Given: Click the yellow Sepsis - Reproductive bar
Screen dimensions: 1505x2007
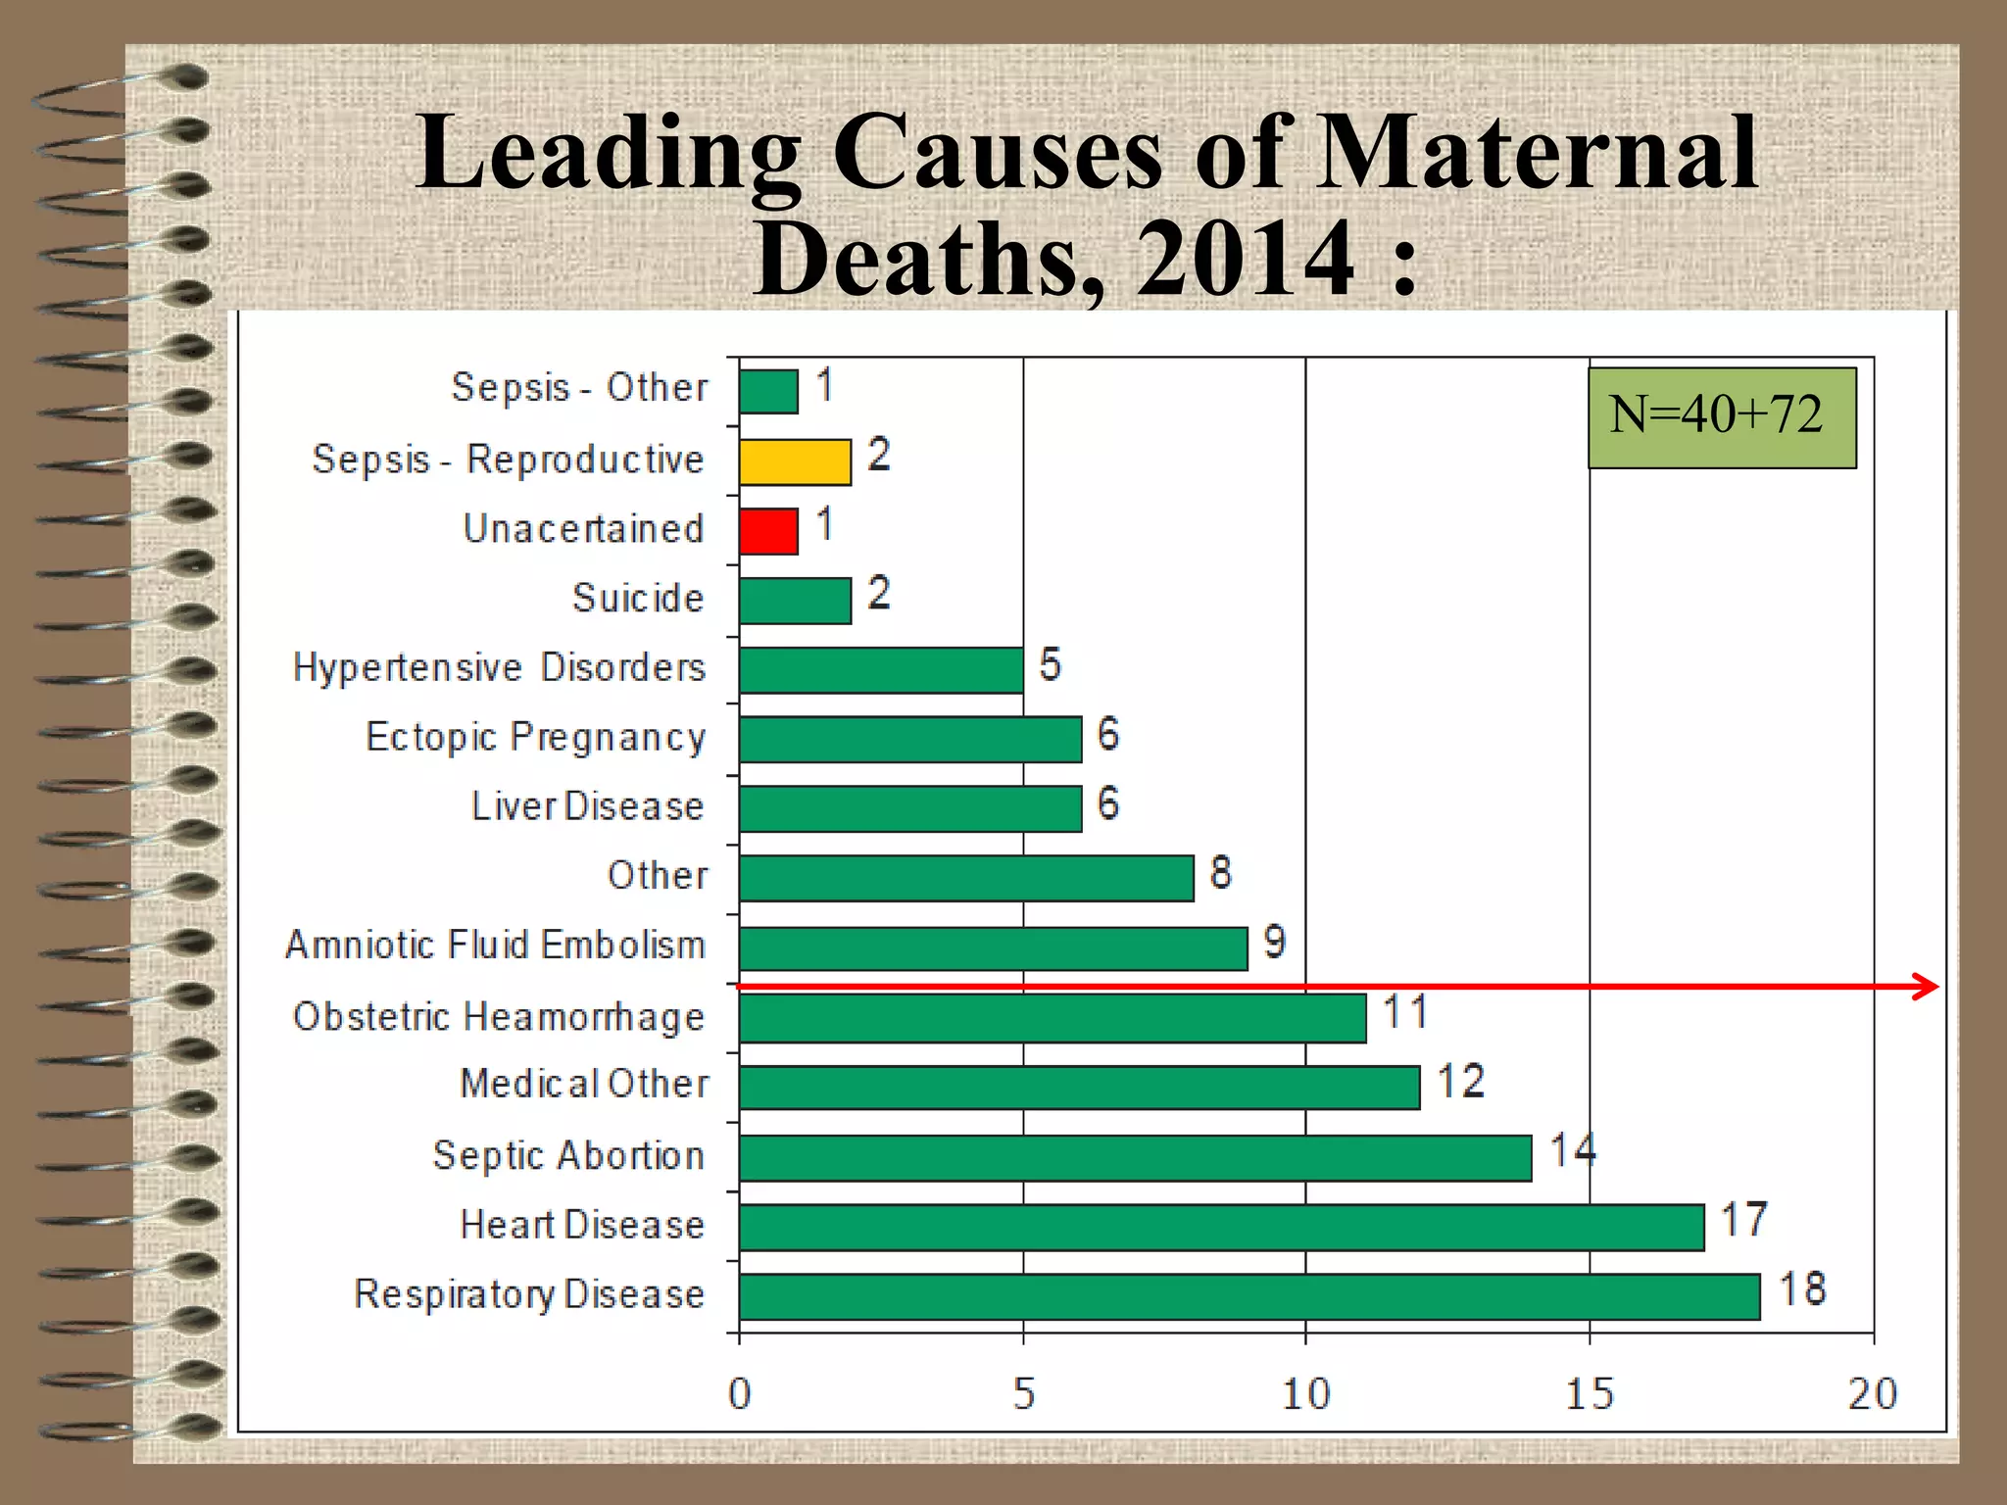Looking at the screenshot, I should point(795,461).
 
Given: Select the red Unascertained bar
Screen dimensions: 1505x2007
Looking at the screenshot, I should point(768,531).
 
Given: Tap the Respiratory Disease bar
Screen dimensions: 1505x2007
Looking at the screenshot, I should point(1248,1296).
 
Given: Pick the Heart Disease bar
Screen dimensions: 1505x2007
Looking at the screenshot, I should point(1221,1228).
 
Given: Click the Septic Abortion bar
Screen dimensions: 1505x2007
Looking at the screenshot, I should point(1135,1158).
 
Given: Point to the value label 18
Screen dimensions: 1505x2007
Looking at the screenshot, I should point(1802,1289).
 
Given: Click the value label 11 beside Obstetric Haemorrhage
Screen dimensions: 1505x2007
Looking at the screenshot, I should point(1404,1012).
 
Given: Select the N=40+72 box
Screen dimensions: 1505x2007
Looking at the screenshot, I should point(1721,417).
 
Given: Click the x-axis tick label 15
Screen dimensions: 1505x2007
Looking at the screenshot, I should point(1589,1393).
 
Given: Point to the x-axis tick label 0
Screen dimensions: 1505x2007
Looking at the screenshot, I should point(739,1393).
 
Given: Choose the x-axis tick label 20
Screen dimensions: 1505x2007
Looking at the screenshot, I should point(1872,1393).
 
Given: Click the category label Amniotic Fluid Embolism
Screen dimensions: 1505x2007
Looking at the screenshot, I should point(495,946).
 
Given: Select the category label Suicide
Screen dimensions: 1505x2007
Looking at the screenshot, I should point(638,599).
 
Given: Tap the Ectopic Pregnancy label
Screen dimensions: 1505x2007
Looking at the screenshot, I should point(535,738).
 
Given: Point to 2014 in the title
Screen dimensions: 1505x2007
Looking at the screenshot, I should point(1246,259).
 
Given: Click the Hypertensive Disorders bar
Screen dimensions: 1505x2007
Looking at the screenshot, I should point(881,670).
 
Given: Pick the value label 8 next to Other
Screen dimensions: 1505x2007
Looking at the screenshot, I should point(1220,872).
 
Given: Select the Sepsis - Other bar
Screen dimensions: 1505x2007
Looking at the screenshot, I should point(768,392).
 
